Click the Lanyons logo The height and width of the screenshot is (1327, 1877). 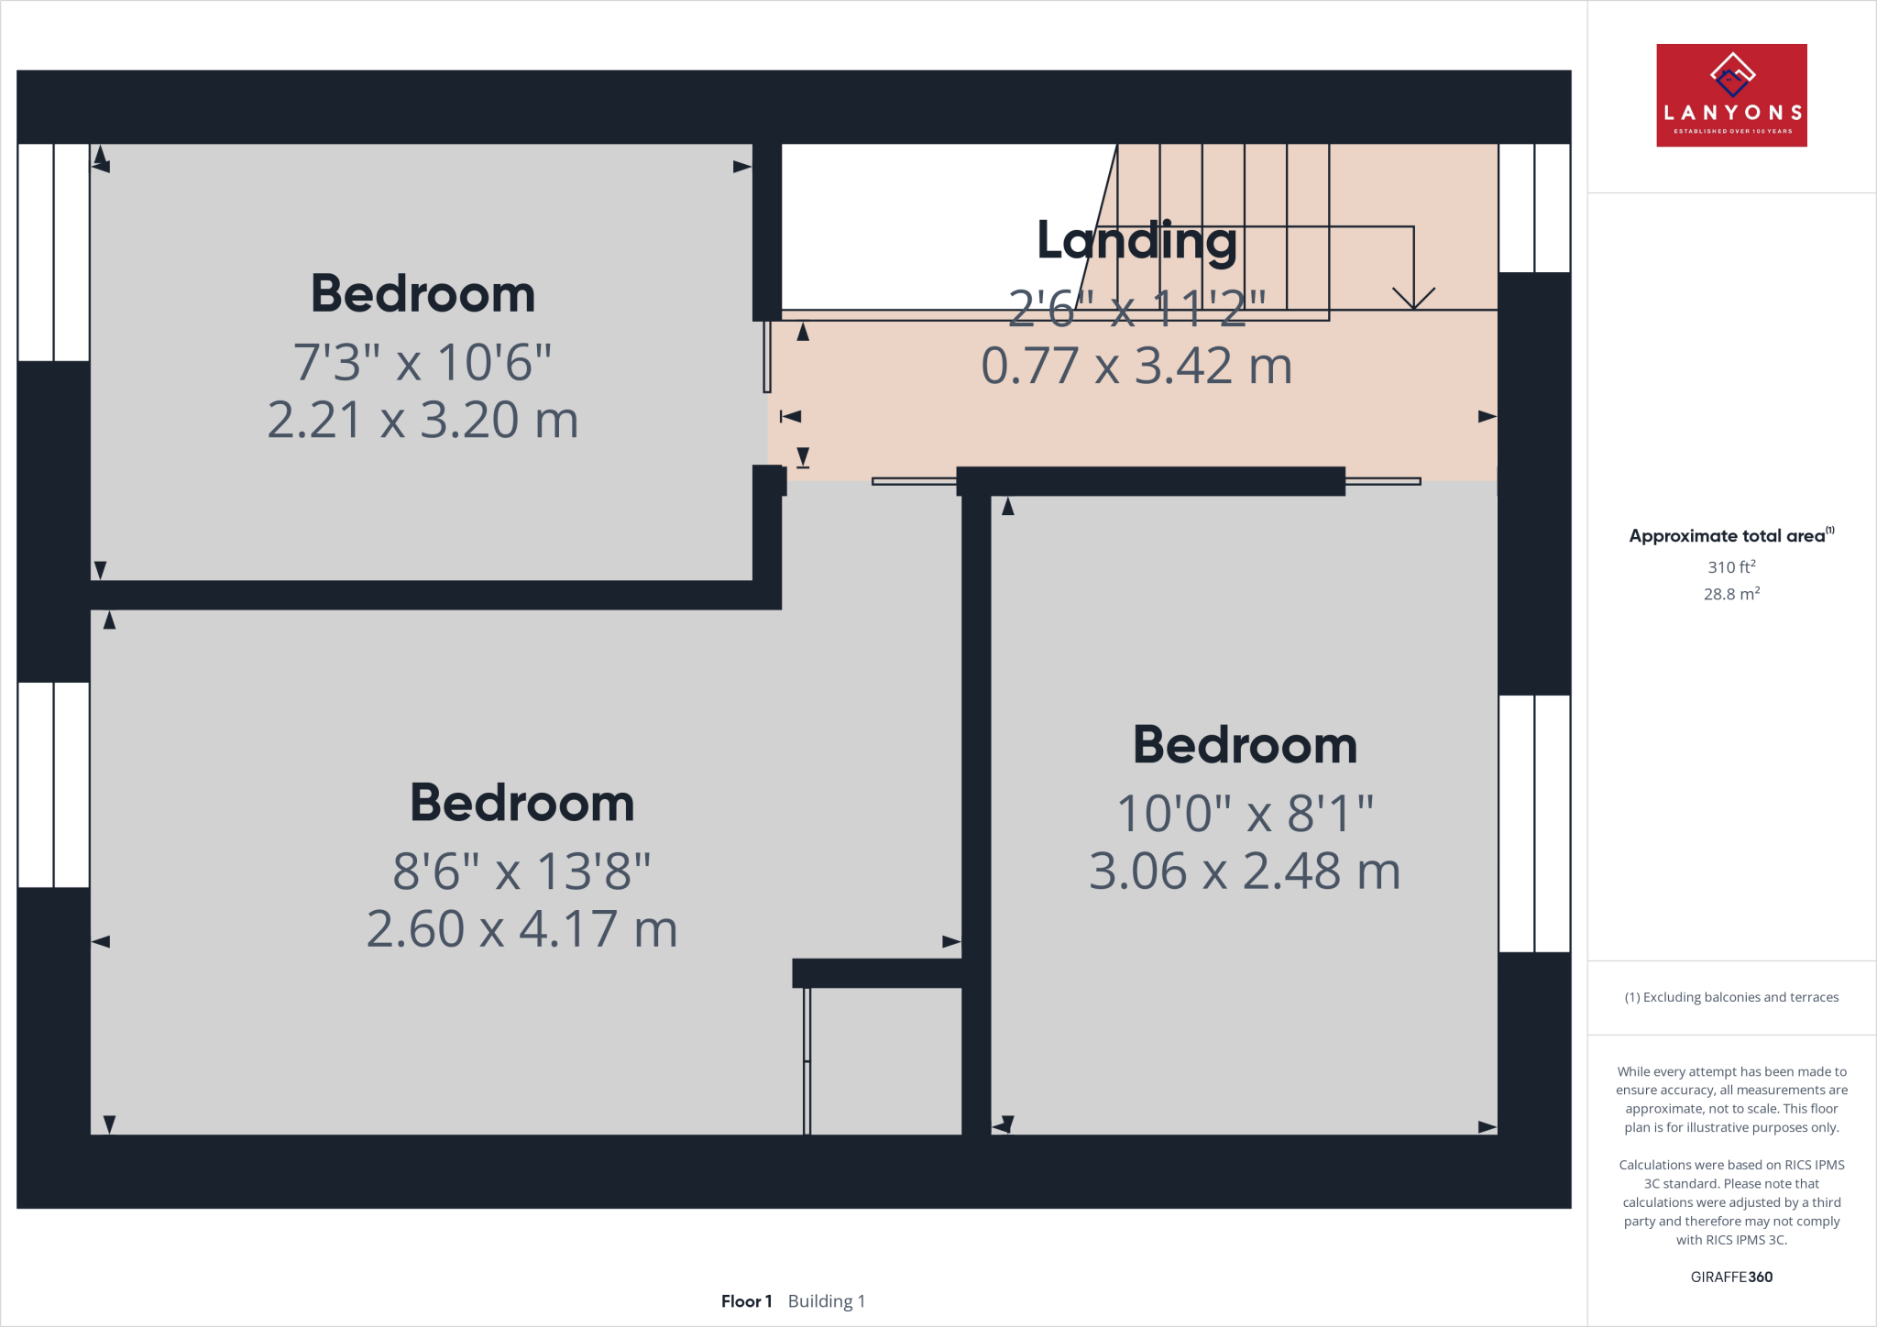(x=1731, y=95)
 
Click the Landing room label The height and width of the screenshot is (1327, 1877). (x=1136, y=240)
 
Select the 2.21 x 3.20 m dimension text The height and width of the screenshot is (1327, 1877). (x=423, y=420)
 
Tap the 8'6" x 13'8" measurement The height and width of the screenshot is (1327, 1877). (x=521, y=871)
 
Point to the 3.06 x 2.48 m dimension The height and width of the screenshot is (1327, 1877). (x=1245, y=871)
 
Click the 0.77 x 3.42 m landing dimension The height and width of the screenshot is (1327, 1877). (x=1136, y=366)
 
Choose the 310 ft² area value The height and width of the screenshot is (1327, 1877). (x=1731, y=566)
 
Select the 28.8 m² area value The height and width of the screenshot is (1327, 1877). (x=1731, y=594)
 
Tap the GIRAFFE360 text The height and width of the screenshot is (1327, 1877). (x=1731, y=1277)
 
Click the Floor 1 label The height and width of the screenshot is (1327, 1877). (x=746, y=1301)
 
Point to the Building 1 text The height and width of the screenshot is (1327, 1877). (x=826, y=1301)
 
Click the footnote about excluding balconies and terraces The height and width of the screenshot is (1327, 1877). (x=1731, y=997)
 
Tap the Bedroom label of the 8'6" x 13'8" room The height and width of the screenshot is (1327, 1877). (x=521, y=803)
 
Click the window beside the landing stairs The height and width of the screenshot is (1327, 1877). (x=1534, y=208)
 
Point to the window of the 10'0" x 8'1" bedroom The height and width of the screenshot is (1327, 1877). (x=1534, y=823)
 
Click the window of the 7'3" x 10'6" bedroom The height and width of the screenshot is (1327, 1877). (x=53, y=252)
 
